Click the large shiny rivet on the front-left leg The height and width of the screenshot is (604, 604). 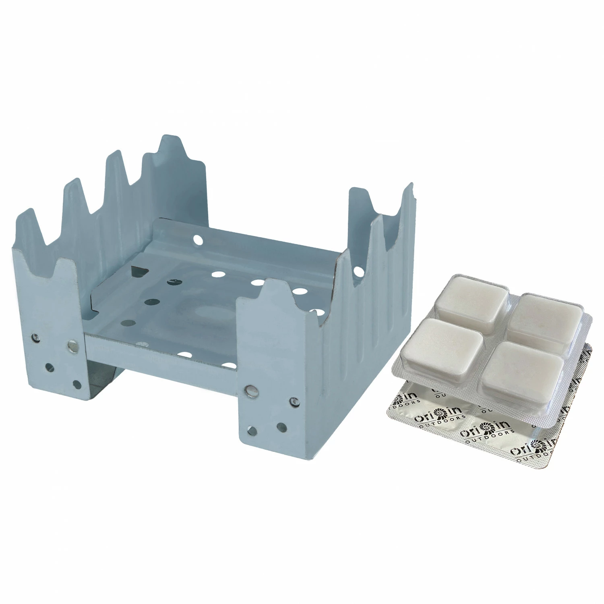point(72,345)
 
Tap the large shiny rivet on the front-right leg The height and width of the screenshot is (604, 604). point(251,390)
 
